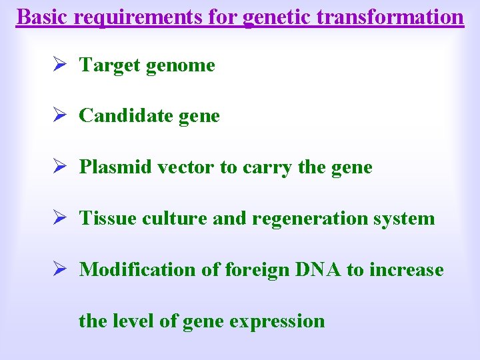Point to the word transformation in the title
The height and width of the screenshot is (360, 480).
point(390,16)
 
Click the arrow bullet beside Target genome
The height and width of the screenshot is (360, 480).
point(58,65)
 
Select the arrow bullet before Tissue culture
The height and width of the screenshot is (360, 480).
point(58,219)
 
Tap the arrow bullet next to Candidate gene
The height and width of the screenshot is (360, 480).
point(58,116)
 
